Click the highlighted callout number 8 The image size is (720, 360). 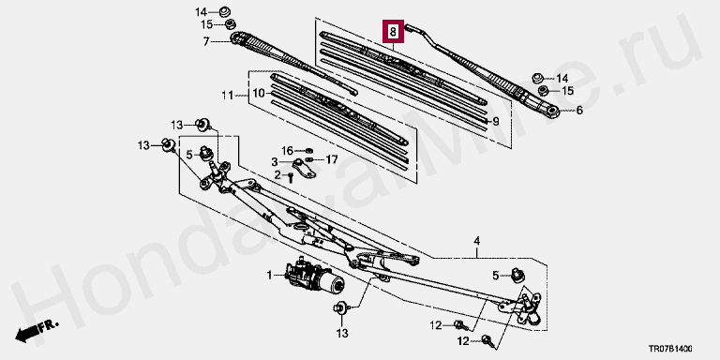393,32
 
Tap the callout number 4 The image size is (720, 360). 476,241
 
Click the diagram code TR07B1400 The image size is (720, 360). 670,349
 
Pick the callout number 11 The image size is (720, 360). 228,96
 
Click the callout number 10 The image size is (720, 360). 259,94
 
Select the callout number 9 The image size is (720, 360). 495,121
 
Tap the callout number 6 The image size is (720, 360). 579,111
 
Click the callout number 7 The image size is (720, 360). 206,42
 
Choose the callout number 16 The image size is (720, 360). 287,151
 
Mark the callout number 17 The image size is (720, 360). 332,159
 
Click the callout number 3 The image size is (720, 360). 274,161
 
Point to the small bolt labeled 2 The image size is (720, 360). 291,177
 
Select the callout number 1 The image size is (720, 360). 270,276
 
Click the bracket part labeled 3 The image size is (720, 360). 305,168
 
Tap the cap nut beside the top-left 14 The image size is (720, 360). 225,10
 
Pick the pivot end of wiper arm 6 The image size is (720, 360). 552,111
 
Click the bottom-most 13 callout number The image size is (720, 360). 342,333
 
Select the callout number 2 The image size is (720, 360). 277,175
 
